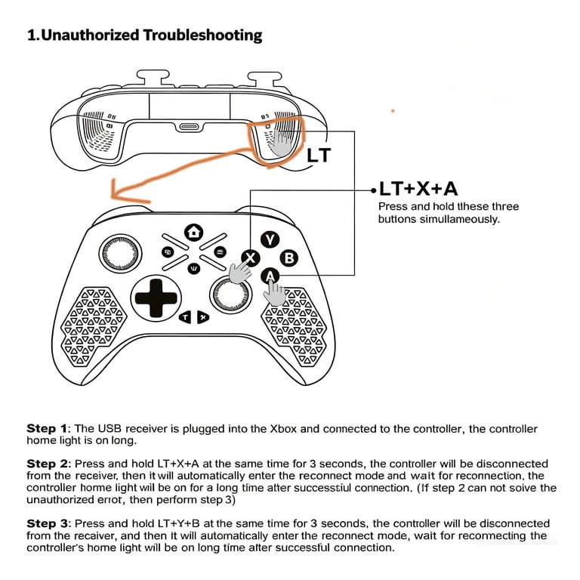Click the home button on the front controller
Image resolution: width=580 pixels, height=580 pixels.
coord(193,233)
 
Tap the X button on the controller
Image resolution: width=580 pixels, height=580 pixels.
coord(251,258)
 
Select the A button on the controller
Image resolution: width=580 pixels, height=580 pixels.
coord(270,276)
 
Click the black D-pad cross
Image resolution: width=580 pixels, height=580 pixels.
coord(156,298)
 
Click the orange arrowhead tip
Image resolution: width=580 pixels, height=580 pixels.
coord(111,196)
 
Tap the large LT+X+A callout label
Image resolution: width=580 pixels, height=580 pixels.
coord(418,189)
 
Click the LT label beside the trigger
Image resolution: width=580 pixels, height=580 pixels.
coord(319,155)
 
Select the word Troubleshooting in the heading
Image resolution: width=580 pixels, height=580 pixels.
coord(202,35)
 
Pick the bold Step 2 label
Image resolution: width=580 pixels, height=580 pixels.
coord(48,464)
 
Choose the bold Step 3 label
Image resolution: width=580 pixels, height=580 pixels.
coord(48,523)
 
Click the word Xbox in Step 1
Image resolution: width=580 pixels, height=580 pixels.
coord(283,429)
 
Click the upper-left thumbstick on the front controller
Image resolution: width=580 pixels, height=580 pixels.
coord(120,254)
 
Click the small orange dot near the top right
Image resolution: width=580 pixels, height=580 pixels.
coord(393,110)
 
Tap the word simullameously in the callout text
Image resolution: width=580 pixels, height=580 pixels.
coord(460,219)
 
